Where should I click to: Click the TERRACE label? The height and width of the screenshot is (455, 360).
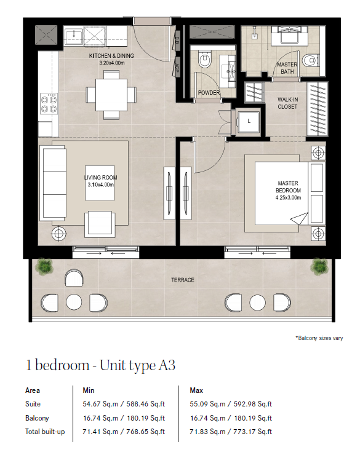pos(183,280)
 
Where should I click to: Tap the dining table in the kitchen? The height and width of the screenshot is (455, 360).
pos(111,95)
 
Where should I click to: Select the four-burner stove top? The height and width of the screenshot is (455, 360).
pos(49,104)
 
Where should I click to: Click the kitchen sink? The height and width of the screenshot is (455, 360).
pos(74,36)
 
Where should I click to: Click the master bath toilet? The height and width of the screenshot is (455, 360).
pos(310,61)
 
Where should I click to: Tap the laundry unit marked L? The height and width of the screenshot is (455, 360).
pos(249,121)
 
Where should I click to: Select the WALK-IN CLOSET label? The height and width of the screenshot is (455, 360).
pos(287,103)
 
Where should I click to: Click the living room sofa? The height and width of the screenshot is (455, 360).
pos(55,183)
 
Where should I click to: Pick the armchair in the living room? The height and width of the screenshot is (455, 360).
pos(100,224)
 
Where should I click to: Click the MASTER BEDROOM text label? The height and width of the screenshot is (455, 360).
pos(288,187)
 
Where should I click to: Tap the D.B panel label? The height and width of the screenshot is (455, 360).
pos(177,41)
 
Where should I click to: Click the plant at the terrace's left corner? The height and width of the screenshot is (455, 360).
pos(44,266)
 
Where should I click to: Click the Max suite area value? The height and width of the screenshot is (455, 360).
pos(231,404)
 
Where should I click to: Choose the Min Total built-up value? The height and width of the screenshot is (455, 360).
pos(124,432)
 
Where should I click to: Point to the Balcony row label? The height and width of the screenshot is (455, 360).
pos(37,418)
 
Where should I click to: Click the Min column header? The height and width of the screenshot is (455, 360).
pos(89,390)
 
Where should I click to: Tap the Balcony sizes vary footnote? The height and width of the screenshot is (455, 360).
pos(319,338)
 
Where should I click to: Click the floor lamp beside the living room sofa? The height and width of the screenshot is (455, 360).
pos(58,233)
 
